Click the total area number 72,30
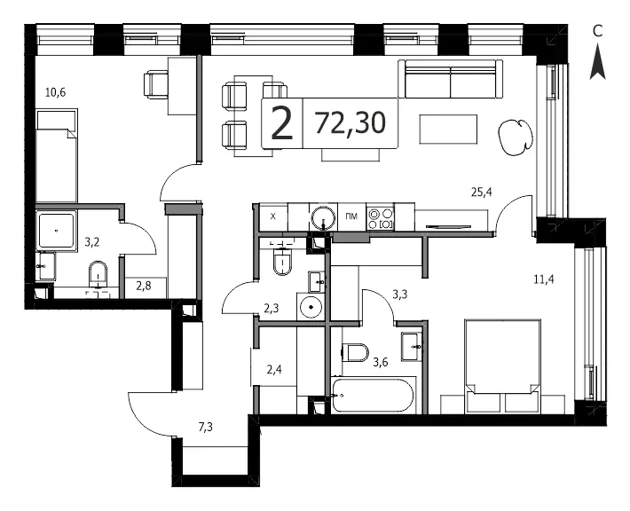(350, 123)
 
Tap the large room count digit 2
(282, 123)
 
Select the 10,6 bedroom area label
(55, 93)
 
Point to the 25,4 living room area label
(481, 192)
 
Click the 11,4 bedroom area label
(544, 279)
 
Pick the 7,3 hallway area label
(205, 427)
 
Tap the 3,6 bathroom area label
(380, 362)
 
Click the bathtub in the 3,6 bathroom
(373, 395)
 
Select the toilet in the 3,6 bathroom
(355, 352)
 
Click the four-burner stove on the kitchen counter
(381, 218)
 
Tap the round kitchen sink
(324, 218)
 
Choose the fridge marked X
(273, 217)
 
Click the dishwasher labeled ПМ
(351, 217)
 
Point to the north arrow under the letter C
(597, 61)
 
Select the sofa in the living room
(451, 79)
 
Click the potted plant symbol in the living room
(516, 137)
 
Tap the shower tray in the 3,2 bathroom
(56, 231)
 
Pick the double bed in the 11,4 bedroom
(502, 366)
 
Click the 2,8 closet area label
(144, 287)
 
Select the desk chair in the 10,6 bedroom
(156, 84)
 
